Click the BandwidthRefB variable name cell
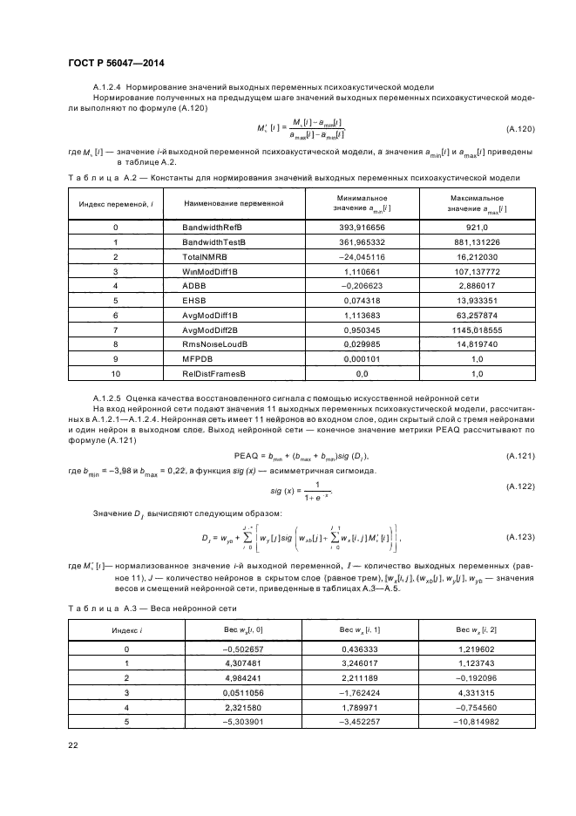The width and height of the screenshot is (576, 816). point(210,227)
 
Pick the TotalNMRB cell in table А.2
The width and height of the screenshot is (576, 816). point(203,257)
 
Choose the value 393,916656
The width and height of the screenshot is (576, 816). point(362,227)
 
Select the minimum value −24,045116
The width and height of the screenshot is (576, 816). point(362,257)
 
